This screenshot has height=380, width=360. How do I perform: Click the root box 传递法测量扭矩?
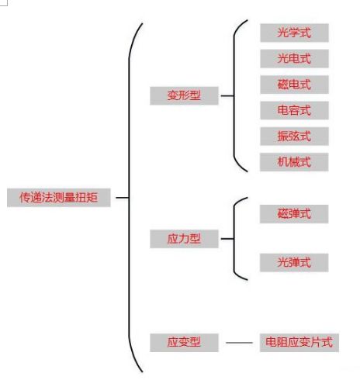(x=59, y=198)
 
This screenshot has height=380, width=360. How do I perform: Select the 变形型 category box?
(x=184, y=95)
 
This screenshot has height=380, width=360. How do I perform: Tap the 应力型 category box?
(x=184, y=239)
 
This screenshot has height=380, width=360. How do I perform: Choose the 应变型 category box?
(x=184, y=343)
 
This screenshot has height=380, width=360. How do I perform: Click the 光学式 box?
(x=294, y=33)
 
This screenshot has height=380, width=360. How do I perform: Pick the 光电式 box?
(x=294, y=59)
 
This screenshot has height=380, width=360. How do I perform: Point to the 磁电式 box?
(x=294, y=85)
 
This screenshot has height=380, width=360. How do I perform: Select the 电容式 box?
(x=294, y=110)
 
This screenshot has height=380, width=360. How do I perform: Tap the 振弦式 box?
(x=294, y=136)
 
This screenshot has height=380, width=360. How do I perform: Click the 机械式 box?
(x=294, y=162)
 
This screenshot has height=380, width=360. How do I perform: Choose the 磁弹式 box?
(x=294, y=214)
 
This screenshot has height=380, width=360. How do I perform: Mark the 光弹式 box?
(x=294, y=263)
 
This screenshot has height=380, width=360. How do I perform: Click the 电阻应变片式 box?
(x=299, y=343)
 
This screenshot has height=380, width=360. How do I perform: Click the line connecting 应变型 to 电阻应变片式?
(x=239, y=343)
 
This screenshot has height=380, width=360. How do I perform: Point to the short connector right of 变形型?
(x=227, y=95)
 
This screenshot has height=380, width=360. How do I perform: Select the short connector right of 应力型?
(x=227, y=239)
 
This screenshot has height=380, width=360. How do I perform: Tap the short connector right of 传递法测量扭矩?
(x=123, y=198)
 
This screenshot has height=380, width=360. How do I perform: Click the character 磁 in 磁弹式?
(x=283, y=214)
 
